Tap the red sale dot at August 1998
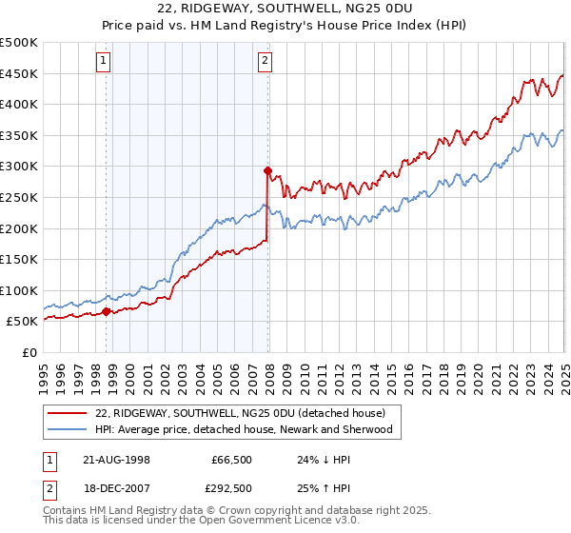106,311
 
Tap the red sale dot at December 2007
267,171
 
